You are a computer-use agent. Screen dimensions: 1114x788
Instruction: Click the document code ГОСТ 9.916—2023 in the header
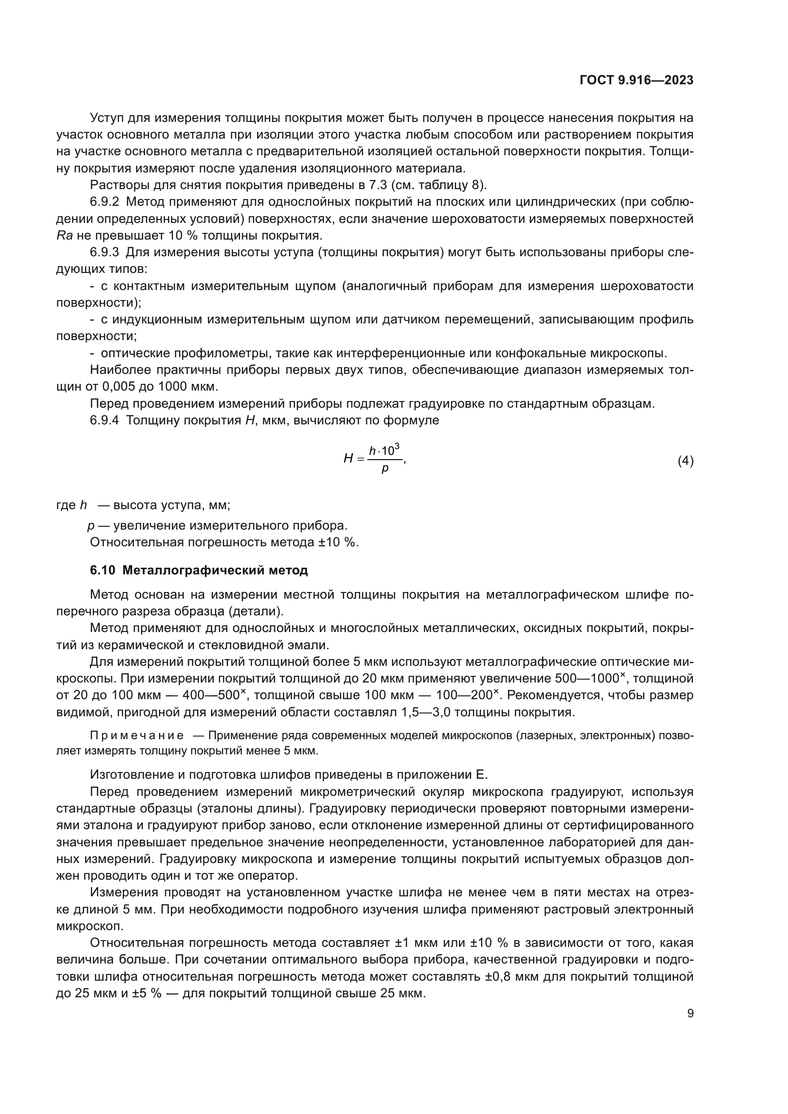[636, 80]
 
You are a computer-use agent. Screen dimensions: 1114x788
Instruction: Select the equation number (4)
[685, 461]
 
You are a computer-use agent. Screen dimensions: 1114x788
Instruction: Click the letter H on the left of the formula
[348, 458]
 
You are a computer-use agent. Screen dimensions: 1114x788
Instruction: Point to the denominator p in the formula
[385, 469]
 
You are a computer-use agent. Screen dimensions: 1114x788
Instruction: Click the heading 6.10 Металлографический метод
[199, 570]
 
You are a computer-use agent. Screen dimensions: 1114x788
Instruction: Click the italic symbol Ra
[64, 236]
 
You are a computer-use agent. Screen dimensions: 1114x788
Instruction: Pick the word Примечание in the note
[136, 735]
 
